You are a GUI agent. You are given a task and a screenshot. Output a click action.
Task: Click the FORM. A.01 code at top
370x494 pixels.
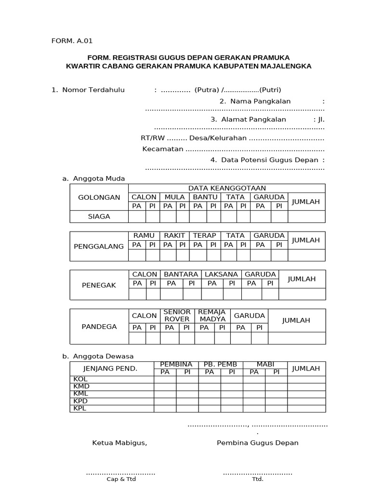coord(71,41)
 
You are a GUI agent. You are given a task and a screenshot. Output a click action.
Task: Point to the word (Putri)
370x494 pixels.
coord(270,90)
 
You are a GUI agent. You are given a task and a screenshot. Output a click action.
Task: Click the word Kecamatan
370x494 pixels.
coord(163,149)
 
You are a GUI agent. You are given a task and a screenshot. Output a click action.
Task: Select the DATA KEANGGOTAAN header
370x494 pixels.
coord(227,188)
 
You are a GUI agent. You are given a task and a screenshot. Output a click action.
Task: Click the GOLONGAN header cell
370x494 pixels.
coord(99,197)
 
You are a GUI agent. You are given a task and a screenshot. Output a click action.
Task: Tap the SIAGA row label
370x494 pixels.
coord(99,217)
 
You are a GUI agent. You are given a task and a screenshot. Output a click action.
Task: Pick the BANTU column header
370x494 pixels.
coord(205,197)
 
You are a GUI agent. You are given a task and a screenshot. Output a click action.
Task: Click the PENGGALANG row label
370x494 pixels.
coord(99,246)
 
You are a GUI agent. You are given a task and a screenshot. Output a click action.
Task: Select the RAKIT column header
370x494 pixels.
coord(174,235)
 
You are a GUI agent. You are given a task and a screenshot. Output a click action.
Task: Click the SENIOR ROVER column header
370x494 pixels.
coord(177,316)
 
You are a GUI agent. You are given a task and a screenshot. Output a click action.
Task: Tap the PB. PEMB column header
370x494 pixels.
coord(221,364)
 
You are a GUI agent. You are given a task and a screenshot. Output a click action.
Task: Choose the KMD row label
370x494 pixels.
coord(81,386)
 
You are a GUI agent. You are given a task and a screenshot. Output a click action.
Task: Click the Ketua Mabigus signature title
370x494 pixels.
coord(119,443)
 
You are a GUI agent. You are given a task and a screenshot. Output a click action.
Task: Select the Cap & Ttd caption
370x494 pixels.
coord(121,479)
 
